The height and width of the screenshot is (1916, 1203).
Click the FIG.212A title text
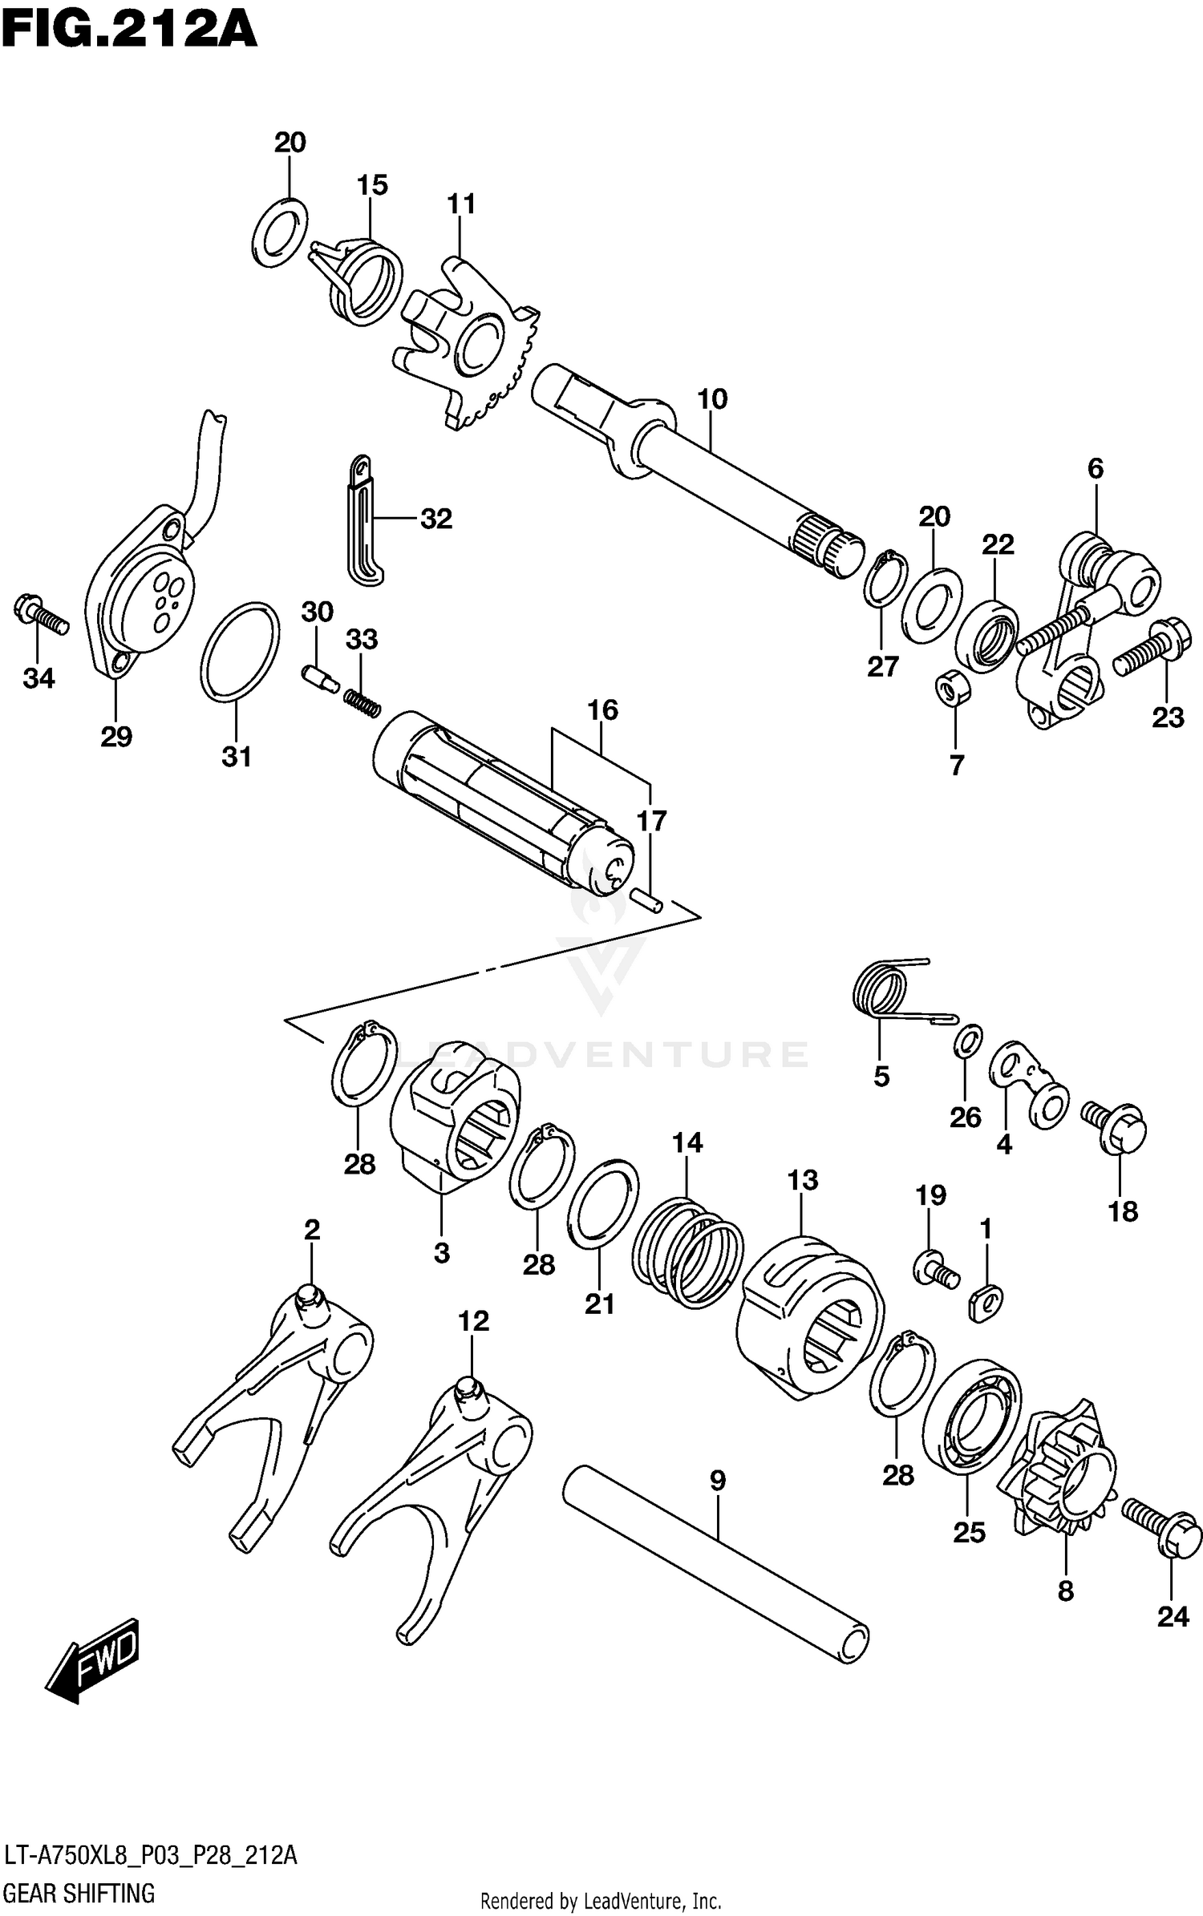[128, 30]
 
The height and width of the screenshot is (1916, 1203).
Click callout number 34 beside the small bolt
[38, 678]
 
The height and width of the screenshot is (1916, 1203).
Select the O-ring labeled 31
[240, 650]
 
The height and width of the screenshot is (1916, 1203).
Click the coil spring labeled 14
[687, 1255]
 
